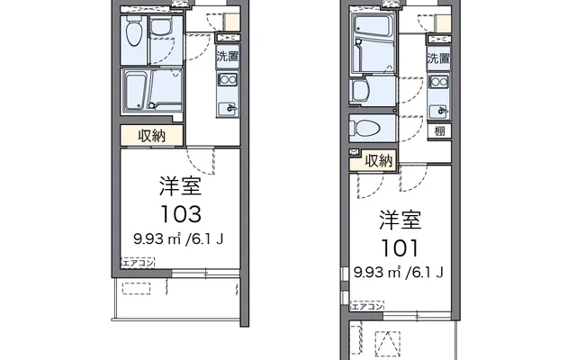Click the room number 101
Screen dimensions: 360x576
[x=401, y=247]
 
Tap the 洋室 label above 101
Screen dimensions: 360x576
[x=401, y=220]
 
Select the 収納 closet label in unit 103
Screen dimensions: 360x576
[x=151, y=135]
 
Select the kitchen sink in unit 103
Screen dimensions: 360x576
[x=228, y=107]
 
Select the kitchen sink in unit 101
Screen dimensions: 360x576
[x=438, y=111]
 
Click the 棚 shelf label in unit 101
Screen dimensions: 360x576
[x=439, y=131]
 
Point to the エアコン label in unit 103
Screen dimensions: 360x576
[x=139, y=262]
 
